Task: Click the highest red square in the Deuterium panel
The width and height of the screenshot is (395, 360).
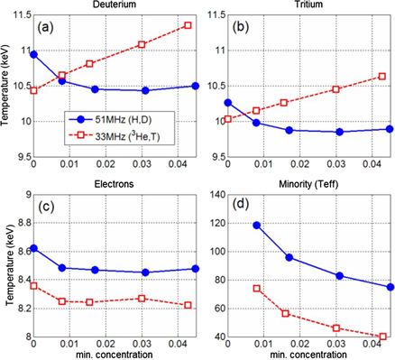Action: click(x=188, y=25)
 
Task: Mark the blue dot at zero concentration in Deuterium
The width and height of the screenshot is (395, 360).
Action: click(x=34, y=54)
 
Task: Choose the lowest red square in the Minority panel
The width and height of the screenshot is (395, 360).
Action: click(x=382, y=337)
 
